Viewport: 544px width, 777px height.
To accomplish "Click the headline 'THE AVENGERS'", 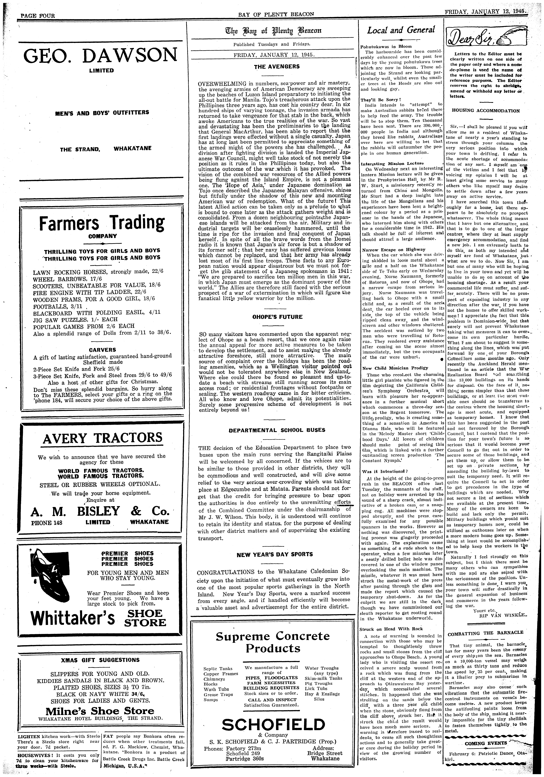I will tap(277, 67).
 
